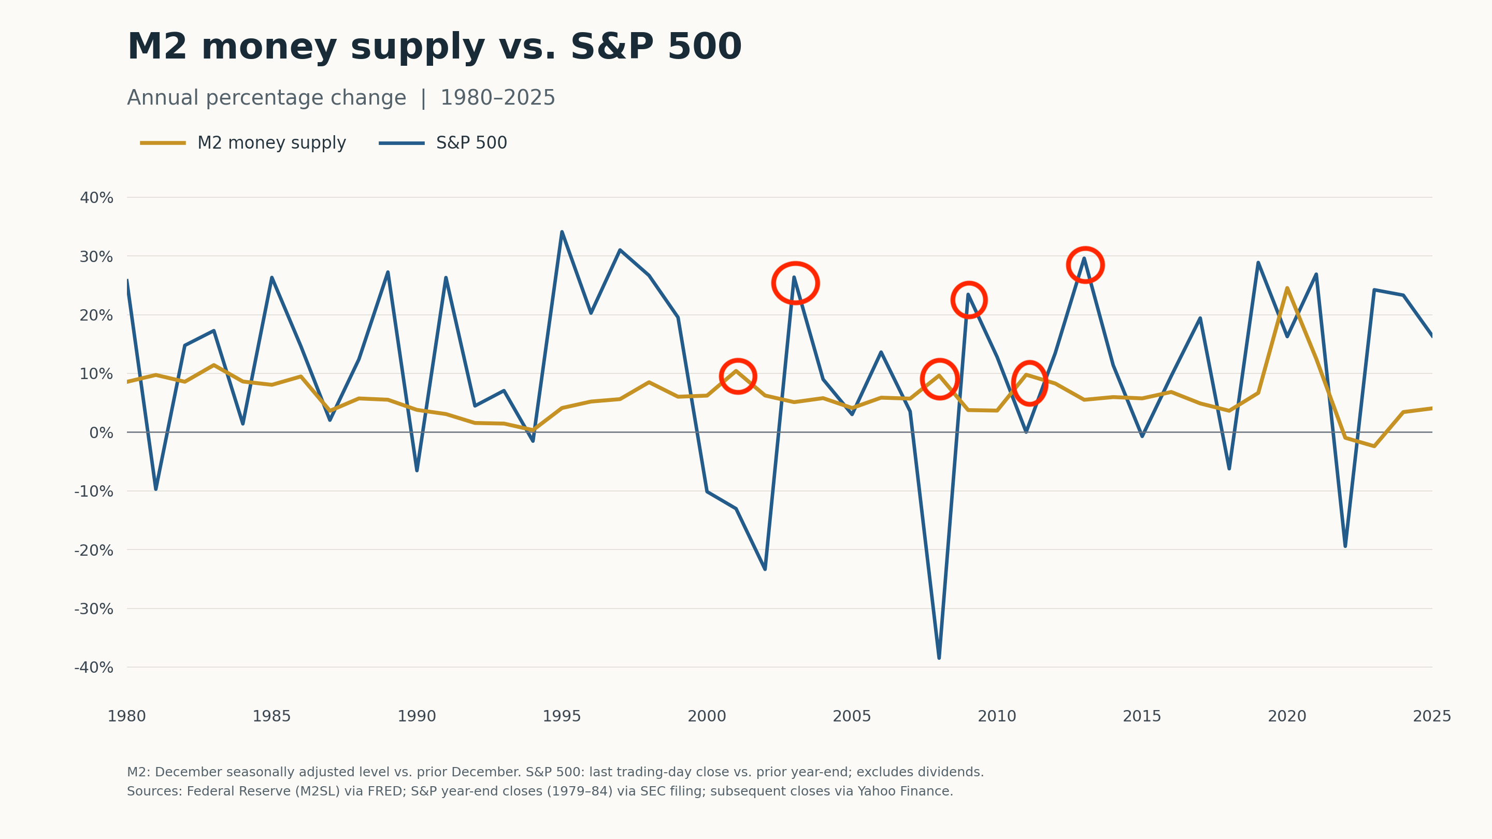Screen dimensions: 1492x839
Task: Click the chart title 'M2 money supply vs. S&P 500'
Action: [435, 47]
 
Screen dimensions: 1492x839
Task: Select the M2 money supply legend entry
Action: [243, 143]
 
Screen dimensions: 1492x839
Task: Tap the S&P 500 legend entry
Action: [443, 143]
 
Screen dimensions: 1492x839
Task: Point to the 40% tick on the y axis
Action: [96, 198]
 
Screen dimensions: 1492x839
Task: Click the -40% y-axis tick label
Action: [94, 668]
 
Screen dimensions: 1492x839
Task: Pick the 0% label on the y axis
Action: [102, 433]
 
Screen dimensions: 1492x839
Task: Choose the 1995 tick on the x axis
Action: [562, 717]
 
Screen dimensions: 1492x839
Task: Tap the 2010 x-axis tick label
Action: [997, 717]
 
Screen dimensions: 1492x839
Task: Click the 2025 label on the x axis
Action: [1432, 717]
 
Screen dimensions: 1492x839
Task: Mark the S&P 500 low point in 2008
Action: [939, 658]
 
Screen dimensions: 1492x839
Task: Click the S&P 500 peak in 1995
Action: [562, 232]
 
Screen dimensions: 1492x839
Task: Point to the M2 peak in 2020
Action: [1287, 288]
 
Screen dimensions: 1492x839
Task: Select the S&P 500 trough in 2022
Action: [1345, 546]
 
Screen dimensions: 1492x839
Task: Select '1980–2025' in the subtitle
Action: [497, 98]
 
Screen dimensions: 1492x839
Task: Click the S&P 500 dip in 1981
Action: [156, 489]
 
